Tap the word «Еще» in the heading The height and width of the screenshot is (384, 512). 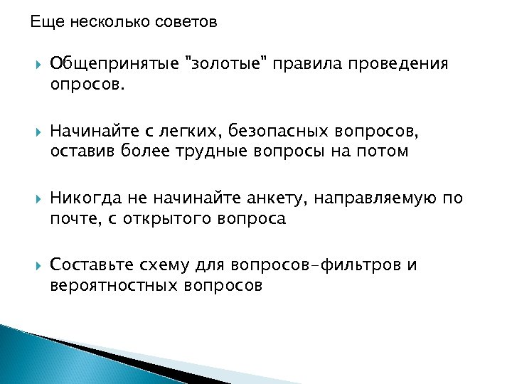41,22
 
